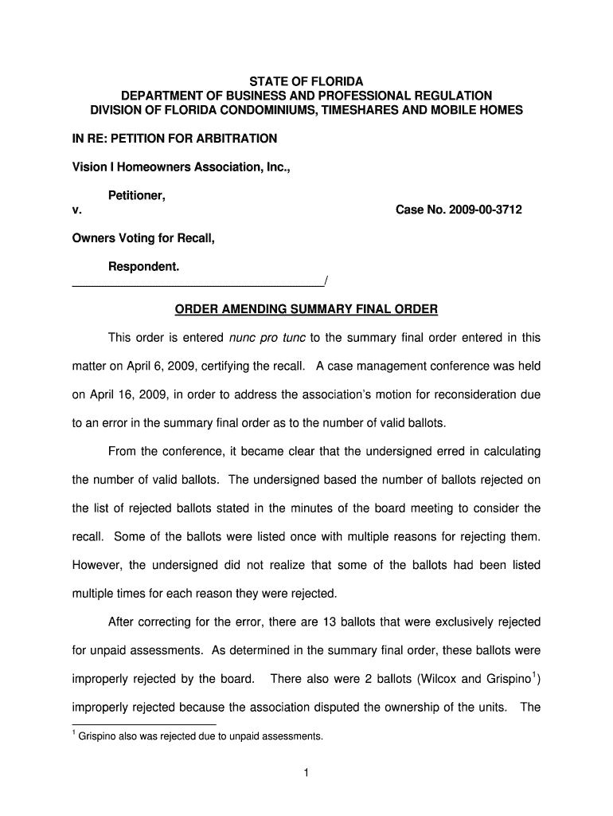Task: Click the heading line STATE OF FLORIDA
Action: tap(306, 82)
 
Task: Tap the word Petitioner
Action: tap(137, 195)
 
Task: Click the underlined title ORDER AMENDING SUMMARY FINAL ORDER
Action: tap(306, 309)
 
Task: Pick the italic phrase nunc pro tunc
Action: tap(267, 338)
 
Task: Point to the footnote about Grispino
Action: tap(199, 736)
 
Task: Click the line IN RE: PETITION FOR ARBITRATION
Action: tap(174, 139)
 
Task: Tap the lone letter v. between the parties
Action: tap(76, 210)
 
